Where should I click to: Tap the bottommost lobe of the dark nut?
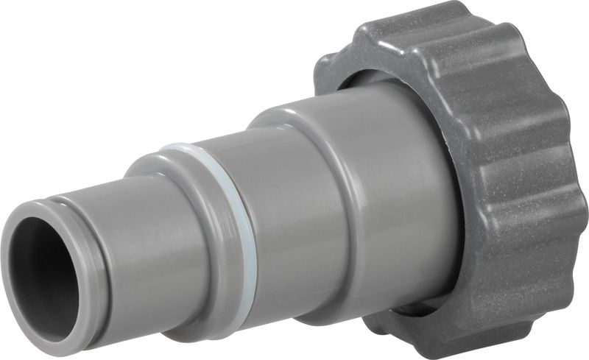[x=442, y=342]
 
